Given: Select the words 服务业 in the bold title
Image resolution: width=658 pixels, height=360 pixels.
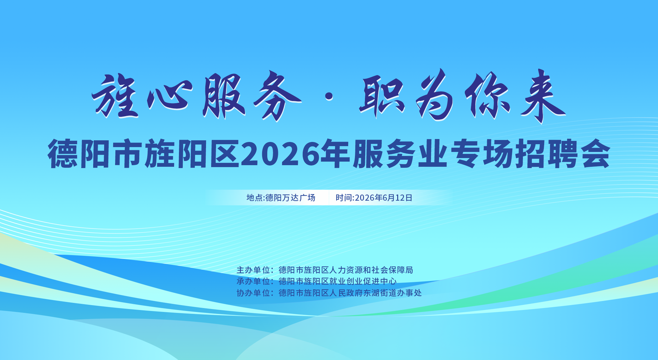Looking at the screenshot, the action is click(x=400, y=154).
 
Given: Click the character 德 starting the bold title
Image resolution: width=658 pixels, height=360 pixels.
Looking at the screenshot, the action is click(x=63, y=154).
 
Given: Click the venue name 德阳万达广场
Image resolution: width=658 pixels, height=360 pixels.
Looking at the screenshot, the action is click(x=290, y=198).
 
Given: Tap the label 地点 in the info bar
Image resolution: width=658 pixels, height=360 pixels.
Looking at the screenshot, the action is click(x=255, y=198).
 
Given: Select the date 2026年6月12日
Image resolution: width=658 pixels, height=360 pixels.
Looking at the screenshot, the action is click(x=383, y=198).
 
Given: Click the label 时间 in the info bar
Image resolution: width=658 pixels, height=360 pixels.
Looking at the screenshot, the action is click(x=344, y=198).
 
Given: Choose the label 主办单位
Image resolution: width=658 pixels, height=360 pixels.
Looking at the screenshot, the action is click(x=253, y=270).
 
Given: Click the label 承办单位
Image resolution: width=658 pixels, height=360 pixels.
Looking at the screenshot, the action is click(x=253, y=281).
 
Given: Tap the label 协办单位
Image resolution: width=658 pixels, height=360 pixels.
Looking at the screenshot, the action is click(x=253, y=293).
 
